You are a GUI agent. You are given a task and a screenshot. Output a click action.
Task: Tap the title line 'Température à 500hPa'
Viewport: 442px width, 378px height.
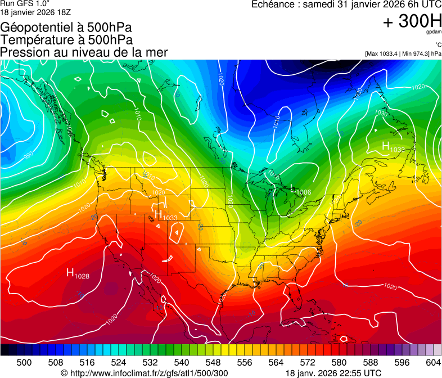[x=67, y=40]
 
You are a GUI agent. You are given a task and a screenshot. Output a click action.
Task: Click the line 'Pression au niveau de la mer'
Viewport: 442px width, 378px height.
[x=84, y=52]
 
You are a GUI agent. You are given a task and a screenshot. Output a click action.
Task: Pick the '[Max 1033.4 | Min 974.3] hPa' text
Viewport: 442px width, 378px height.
[x=403, y=53]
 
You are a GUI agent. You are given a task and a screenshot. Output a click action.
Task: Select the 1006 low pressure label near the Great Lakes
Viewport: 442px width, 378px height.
[x=303, y=192]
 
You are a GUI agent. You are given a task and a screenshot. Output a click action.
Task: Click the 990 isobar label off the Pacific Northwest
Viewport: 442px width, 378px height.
[x=28, y=156]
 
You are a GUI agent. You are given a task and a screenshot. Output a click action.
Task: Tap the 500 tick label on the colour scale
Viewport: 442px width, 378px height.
[x=24, y=362]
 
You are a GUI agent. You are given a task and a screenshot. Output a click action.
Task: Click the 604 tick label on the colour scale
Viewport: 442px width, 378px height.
[x=433, y=362]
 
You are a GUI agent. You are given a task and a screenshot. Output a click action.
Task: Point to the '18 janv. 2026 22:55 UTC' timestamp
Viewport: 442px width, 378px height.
[x=333, y=373]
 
